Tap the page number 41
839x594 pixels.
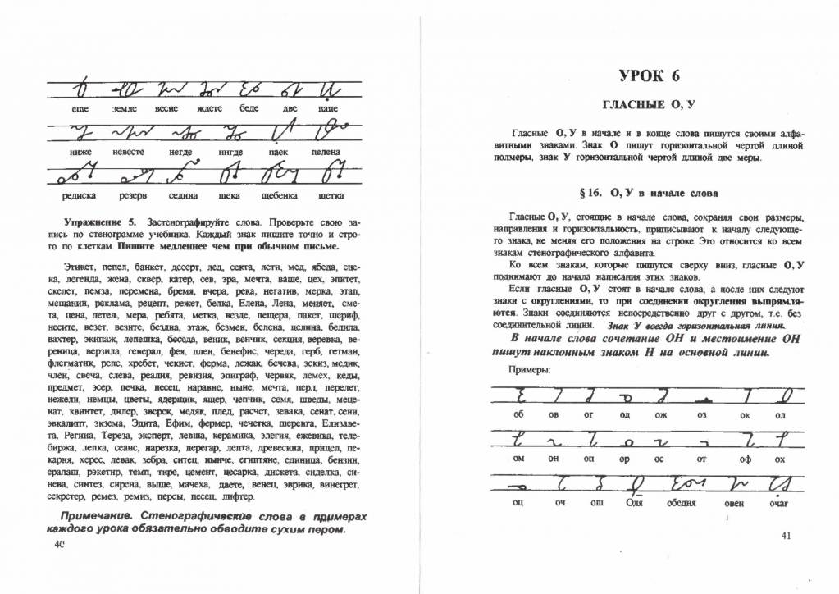pyautogui.click(x=786, y=537)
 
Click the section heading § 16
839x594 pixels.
pyautogui.click(x=648, y=194)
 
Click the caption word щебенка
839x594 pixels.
pyautogui.click(x=279, y=195)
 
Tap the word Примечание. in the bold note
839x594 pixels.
pyautogui.click(x=97, y=515)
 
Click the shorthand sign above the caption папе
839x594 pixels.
pyautogui.click(x=328, y=88)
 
